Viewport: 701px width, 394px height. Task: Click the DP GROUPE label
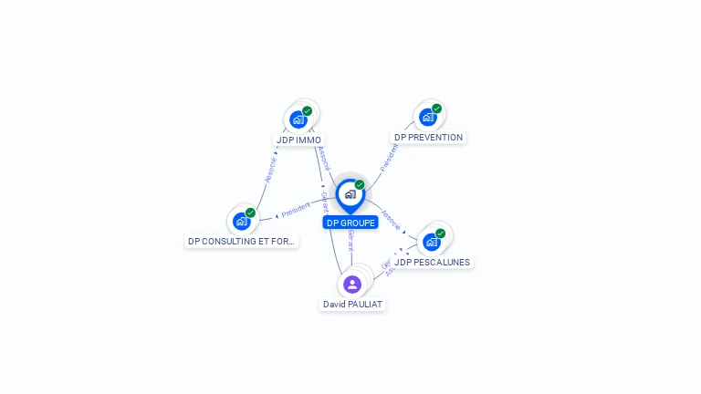[350, 223]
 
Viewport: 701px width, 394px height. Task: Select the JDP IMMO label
[299, 140]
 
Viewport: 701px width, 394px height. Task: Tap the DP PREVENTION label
[428, 138]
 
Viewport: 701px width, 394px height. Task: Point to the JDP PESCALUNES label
[432, 263]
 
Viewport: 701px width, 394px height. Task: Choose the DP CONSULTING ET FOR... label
[242, 242]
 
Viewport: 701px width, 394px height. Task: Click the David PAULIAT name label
[352, 304]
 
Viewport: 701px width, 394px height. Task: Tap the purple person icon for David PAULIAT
[352, 285]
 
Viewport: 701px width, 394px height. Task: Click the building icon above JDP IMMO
[298, 119]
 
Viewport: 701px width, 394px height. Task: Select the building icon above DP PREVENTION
[427, 117]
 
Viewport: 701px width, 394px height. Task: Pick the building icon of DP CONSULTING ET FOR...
[241, 221]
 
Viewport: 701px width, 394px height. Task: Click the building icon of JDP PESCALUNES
[431, 242]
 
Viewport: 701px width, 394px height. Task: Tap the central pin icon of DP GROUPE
[350, 194]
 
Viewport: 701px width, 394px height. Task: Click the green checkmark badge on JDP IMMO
[308, 111]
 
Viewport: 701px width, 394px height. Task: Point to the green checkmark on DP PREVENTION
[437, 109]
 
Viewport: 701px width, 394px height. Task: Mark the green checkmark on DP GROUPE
[360, 185]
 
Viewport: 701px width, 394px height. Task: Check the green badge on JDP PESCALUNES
[441, 233]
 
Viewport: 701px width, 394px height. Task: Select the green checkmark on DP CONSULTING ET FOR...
[251, 213]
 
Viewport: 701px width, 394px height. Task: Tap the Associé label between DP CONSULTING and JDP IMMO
[270, 170]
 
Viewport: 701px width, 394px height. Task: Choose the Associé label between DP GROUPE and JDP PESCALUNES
[392, 219]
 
